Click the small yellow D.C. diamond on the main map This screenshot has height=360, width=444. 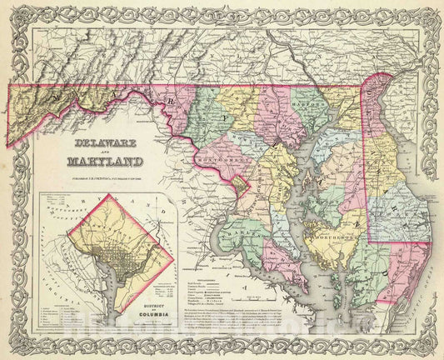coord(241,182)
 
